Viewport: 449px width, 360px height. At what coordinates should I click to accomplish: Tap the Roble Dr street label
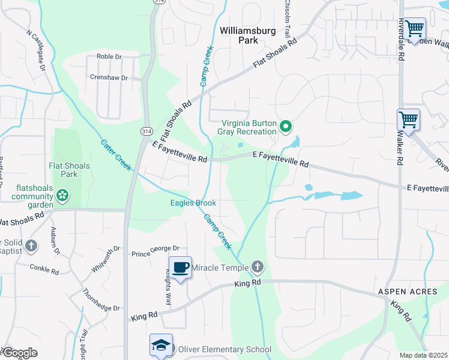109,57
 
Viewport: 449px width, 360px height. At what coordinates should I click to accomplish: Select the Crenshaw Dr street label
109,78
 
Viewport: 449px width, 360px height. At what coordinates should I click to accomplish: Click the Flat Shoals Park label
70,170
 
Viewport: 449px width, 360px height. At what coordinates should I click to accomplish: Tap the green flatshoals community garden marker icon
62,194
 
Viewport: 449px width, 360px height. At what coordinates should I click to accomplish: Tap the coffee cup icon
180,267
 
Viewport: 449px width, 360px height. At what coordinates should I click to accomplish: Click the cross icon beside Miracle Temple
257,266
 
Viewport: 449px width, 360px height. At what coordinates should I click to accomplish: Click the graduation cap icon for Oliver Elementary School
161,345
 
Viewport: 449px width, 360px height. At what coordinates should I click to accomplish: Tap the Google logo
19,353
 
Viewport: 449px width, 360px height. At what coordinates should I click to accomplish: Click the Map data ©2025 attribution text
423,355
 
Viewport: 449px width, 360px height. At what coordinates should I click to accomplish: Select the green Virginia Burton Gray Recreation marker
286,126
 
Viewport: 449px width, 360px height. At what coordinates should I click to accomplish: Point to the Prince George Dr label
155,248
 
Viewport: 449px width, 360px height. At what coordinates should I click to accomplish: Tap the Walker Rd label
399,147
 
